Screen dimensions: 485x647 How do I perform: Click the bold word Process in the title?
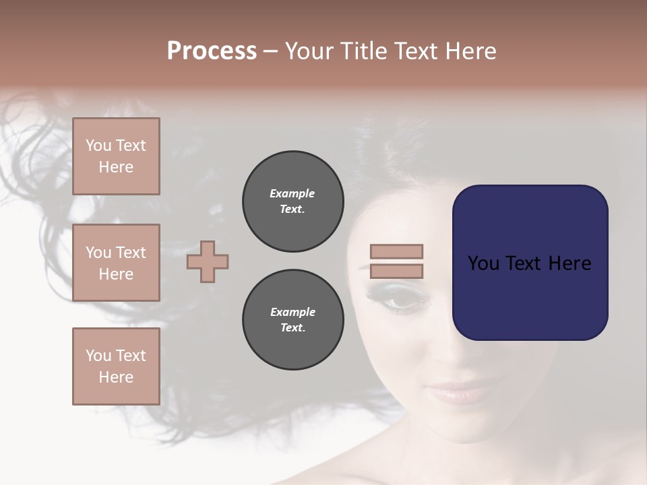click(x=212, y=51)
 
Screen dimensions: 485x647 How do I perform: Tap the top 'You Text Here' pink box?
click(x=116, y=156)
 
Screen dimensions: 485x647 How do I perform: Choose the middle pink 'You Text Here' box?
click(x=116, y=263)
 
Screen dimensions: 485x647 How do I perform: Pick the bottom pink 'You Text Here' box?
click(x=116, y=366)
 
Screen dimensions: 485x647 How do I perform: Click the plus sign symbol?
click(x=208, y=261)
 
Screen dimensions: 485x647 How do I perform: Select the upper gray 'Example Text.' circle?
click(x=292, y=201)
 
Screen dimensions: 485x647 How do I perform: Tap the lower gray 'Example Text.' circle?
click(x=292, y=320)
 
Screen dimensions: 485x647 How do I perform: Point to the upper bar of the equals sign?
click(x=396, y=251)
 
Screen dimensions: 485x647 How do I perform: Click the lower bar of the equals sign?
click(x=396, y=271)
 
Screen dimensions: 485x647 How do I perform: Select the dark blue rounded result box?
click(x=530, y=263)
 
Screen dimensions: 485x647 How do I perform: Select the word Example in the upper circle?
click(x=292, y=193)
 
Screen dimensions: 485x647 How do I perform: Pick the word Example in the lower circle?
click(x=292, y=312)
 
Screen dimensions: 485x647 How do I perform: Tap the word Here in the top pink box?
click(x=116, y=167)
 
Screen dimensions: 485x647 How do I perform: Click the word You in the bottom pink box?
click(x=98, y=356)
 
